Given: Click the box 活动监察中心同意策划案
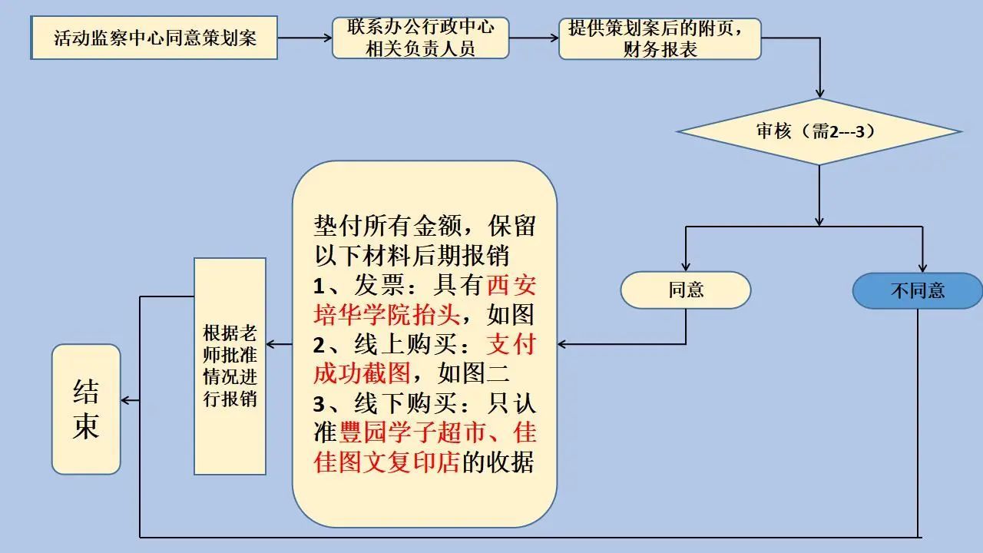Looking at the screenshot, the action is coord(154,38).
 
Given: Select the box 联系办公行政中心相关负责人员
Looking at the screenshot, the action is coord(420,38).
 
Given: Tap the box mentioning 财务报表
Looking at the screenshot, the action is coord(660,38).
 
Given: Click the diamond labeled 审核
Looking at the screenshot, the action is coord(819,131).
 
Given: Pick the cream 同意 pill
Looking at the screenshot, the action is coord(686,290).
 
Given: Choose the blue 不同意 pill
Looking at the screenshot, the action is coord(917,290).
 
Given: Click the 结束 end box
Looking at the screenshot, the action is coord(86,409).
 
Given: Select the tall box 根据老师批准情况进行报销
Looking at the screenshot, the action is coord(230,366).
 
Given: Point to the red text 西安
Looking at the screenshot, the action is coord(511,285).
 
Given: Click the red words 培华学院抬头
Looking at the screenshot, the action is coord(387,315).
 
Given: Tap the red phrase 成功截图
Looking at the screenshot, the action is coord(362,373).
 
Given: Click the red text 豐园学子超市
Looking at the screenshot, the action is coord(411,432).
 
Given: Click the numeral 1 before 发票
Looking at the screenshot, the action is coord(319,286).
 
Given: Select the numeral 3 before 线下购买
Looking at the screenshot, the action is coord(319,404).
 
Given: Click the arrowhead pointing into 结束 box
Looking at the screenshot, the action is coord(125,400).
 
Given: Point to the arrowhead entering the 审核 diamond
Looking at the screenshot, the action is coord(819,94).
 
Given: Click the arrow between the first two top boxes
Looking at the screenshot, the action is coord(305,38).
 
